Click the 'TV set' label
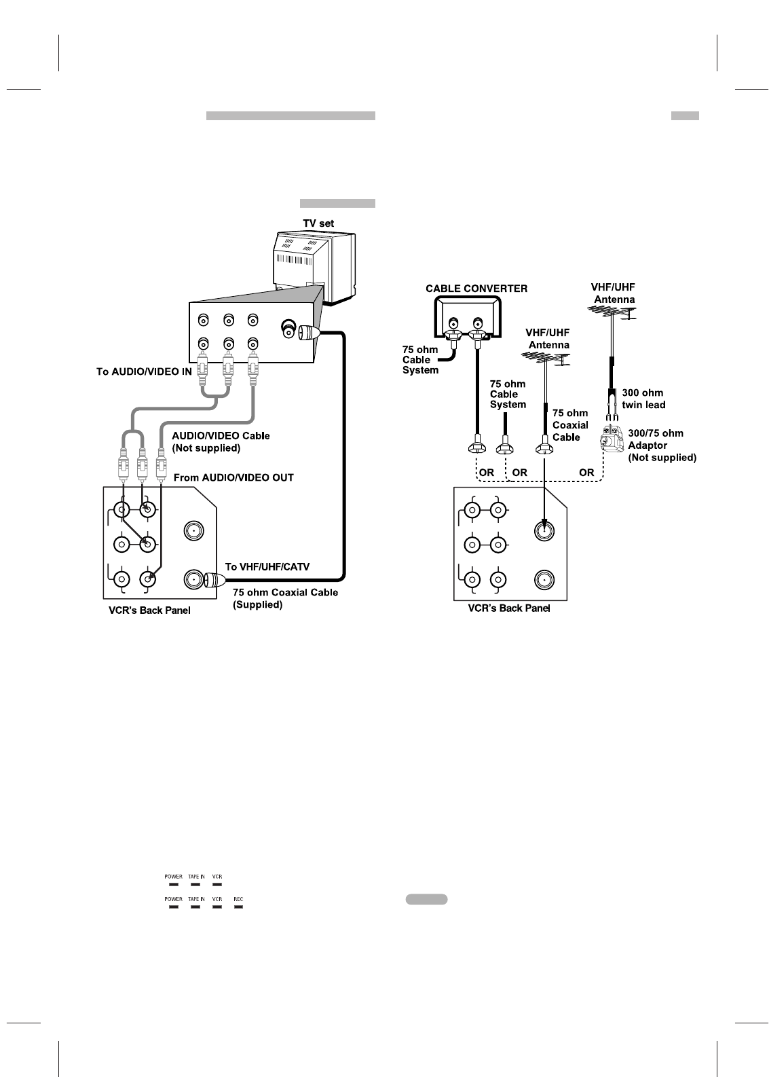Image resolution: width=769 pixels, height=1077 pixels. click(318, 223)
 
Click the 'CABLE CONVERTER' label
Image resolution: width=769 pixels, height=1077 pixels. click(476, 289)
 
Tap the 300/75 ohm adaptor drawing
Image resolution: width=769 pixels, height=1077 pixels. click(612, 439)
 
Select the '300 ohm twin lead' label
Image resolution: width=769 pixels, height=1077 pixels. click(643, 399)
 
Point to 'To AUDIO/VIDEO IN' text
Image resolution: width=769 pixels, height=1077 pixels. click(144, 371)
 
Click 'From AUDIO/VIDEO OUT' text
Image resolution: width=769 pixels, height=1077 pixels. click(233, 477)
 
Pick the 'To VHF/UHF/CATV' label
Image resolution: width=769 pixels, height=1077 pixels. click(267, 566)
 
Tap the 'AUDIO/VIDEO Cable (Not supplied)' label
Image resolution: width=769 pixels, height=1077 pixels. click(221, 441)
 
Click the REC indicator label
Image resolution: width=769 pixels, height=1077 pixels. click(238, 899)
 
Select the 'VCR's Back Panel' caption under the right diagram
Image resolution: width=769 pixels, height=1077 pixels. click(509, 608)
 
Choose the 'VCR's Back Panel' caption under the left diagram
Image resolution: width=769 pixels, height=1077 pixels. click(150, 610)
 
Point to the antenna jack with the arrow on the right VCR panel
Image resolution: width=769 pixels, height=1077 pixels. click(543, 530)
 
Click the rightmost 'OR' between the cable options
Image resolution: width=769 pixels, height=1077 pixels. click(586, 473)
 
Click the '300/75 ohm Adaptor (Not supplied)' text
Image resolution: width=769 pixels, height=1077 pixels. click(662, 445)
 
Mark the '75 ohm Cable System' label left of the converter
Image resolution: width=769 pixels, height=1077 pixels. click(421, 360)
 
